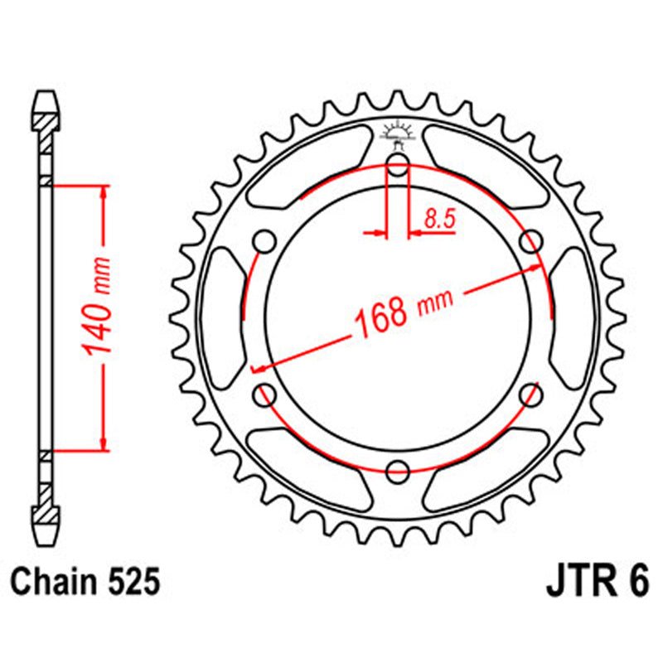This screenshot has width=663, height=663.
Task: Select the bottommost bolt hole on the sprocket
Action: pyautogui.click(x=398, y=471)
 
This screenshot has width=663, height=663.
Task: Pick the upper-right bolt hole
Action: pyautogui.click(x=529, y=243)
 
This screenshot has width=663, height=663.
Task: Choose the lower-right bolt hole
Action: pyautogui.click(x=529, y=395)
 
